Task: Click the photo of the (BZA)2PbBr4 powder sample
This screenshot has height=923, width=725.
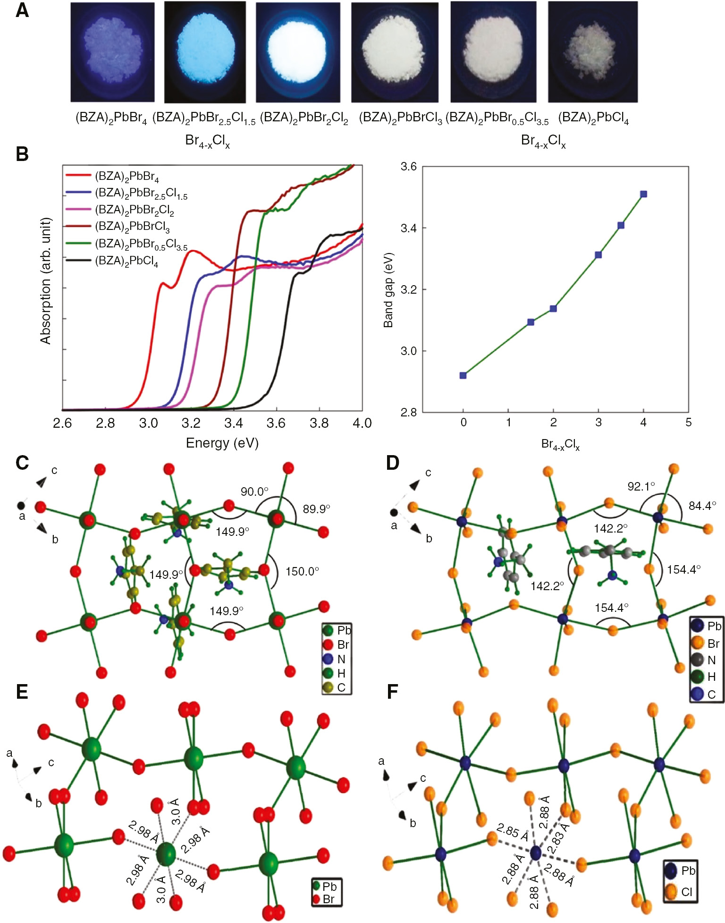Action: [x=112, y=52]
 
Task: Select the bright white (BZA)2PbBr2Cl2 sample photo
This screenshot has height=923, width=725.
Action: [x=298, y=52]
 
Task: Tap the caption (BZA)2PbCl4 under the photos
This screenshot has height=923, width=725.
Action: [x=593, y=118]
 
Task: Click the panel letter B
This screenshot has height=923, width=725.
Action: [x=22, y=154]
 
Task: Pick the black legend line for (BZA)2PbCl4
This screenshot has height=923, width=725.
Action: [x=78, y=260]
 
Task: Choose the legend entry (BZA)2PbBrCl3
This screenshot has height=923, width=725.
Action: [x=132, y=227]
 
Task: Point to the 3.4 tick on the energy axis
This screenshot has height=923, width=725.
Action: [x=233, y=423]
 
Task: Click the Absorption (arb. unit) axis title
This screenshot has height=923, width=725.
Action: [x=45, y=280]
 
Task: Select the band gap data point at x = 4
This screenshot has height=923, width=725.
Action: [x=643, y=194]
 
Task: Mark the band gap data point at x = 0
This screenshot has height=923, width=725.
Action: [x=463, y=375]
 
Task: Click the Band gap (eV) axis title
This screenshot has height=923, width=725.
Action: [x=388, y=290]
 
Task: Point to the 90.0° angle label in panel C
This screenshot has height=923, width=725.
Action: [x=254, y=491]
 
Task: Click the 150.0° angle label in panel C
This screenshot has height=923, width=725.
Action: [x=302, y=571]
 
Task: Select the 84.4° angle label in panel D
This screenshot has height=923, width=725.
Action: [x=702, y=506]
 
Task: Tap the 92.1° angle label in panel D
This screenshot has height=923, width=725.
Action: [x=641, y=486]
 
